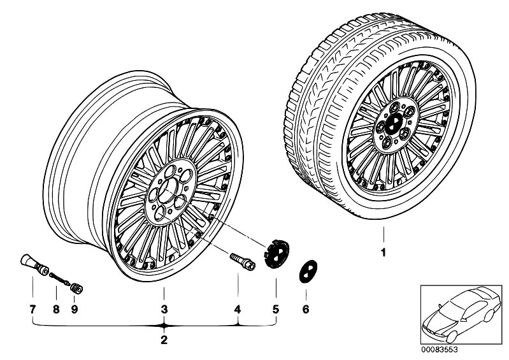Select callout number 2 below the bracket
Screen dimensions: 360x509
pyautogui.click(x=164, y=340)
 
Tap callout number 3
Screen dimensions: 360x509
pyautogui.click(x=164, y=310)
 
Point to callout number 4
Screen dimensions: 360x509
pyautogui.click(x=238, y=310)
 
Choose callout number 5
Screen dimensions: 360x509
pyautogui.click(x=276, y=310)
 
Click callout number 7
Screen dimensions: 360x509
pyautogui.click(x=32, y=310)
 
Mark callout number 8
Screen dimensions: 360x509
pyautogui.click(x=56, y=310)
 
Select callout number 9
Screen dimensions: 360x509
pyautogui.click(x=75, y=310)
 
